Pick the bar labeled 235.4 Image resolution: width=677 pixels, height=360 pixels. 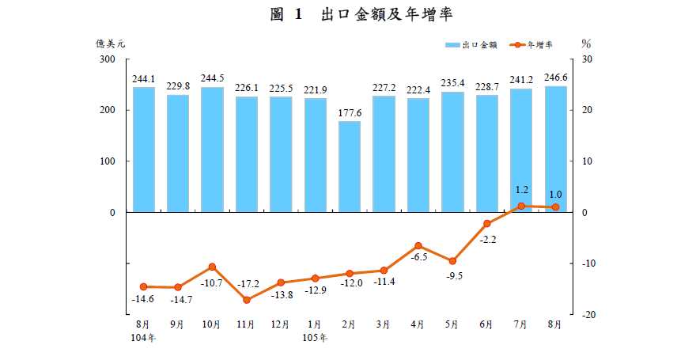click(452, 152)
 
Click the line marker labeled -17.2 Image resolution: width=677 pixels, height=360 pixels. click(247, 300)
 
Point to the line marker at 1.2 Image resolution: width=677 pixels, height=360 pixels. click(521, 206)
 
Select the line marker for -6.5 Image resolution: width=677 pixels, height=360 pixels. click(418, 246)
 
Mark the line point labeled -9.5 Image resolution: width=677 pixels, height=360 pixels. click(452, 261)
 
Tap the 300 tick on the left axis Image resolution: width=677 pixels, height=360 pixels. click(107, 59)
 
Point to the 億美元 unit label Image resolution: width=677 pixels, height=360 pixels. click(111, 44)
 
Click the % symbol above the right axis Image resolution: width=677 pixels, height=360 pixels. click(586, 44)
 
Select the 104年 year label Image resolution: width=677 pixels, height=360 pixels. click(144, 338)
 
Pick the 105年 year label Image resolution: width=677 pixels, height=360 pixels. click(316, 338)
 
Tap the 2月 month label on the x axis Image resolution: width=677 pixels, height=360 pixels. click(350, 324)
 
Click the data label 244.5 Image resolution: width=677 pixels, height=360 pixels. click(212, 78)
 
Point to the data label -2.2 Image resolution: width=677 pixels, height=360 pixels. click(487, 238)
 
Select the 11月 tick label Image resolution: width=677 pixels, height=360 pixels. click(246, 324)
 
